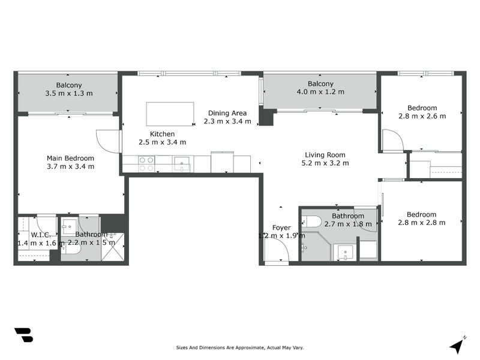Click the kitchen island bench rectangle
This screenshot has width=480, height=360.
170,113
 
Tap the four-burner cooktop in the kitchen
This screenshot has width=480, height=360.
146,164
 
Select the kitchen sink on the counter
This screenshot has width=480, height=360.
181,164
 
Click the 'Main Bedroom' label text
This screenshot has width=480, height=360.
70,158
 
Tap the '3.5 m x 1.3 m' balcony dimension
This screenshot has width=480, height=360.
69,94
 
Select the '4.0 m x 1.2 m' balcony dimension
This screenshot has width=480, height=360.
320,92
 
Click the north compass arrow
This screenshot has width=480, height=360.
457,345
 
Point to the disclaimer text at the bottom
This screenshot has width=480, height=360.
239,347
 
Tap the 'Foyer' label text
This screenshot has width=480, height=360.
281,227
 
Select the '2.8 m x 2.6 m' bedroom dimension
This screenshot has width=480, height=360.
422,116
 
